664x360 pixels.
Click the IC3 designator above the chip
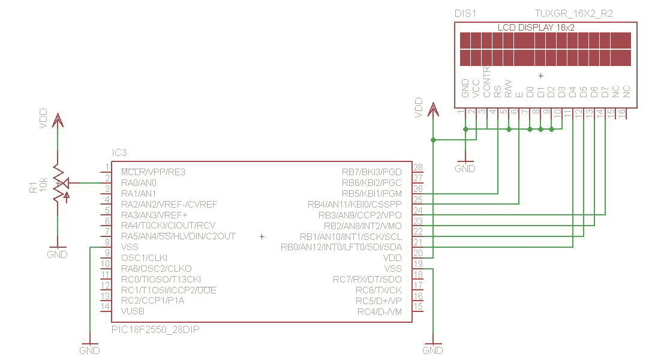[119, 152]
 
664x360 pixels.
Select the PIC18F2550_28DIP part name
[155, 329]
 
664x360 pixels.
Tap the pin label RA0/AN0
[139, 183]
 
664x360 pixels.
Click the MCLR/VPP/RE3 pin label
[153, 172]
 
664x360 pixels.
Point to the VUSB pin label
[133, 311]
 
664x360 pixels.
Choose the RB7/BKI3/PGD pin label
[371, 172]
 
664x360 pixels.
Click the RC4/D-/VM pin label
[380, 312]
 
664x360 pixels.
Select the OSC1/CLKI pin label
[144, 258]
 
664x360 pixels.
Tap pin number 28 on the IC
[418, 167]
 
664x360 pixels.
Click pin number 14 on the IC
[106, 306]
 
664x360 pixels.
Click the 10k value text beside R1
[43, 185]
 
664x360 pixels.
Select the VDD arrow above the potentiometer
[58, 120]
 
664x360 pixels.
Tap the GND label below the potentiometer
[57, 254]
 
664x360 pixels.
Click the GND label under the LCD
[465, 169]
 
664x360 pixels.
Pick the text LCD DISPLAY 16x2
[536, 28]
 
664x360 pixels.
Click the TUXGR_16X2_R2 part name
[574, 14]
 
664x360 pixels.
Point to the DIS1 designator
[465, 14]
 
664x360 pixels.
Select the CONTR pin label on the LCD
[486, 82]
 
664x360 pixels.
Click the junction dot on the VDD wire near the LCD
[433, 140]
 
